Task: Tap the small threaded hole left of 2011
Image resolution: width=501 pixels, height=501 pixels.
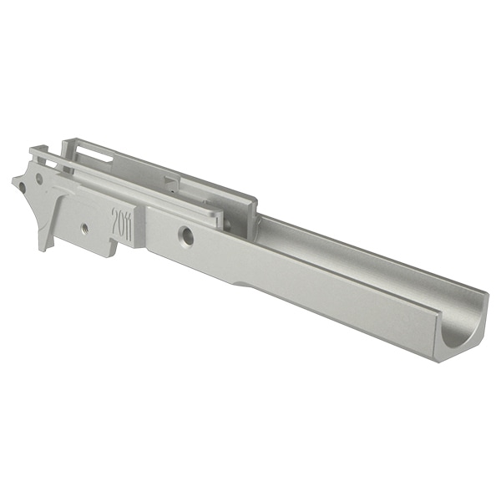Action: coord(85,228)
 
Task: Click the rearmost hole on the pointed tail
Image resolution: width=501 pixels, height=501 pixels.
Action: coord(23,186)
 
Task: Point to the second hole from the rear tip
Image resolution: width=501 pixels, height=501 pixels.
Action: coord(39,179)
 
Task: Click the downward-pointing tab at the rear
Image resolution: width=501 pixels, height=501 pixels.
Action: coord(45,235)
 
